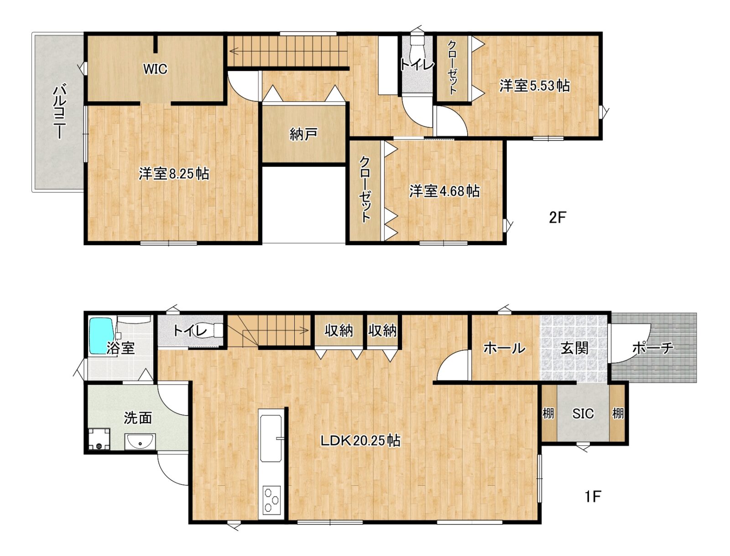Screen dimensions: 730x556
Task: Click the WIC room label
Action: pyautogui.click(x=155, y=69)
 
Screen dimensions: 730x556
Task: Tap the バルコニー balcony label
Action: pyautogui.click(x=60, y=112)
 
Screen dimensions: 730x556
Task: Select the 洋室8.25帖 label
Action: pyautogui.click(x=174, y=173)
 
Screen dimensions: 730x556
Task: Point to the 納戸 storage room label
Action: pyautogui.click(x=303, y=134)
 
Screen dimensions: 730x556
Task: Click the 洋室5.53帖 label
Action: pyautogui.click(x=534, y=86)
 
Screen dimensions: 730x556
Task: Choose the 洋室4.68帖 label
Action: pyautogui.click(x=444, y=191)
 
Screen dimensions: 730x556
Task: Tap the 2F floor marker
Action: pyautogui.click(x=558, y=218)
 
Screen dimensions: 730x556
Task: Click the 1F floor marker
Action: pyautogui.click(x=593, y=497)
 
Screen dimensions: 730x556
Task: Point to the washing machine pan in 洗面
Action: pyautogui.click(x=99, y=439)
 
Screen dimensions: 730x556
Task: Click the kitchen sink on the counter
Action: pyautogui.click(x=271, y=438)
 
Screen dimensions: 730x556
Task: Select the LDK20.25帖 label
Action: pyautogui.click(x=360, y=441)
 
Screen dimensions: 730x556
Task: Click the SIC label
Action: pyautogui.click(x=583, y=413)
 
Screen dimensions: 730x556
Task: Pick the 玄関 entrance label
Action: pyautogui.click(x=575, y=348)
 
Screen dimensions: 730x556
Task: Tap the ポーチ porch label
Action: pyautogui.click(x=653, y=348)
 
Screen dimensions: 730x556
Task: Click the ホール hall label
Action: pyautogui.click(x=504, y=348)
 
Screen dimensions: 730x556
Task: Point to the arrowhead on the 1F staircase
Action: pyautogui.click(x=304, y=330)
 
